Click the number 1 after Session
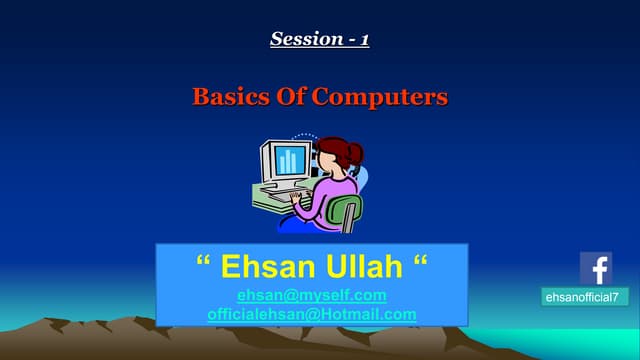[x=365, y=39]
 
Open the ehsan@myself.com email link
[x=311, y=295]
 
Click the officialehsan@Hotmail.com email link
[x=311, y=314]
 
